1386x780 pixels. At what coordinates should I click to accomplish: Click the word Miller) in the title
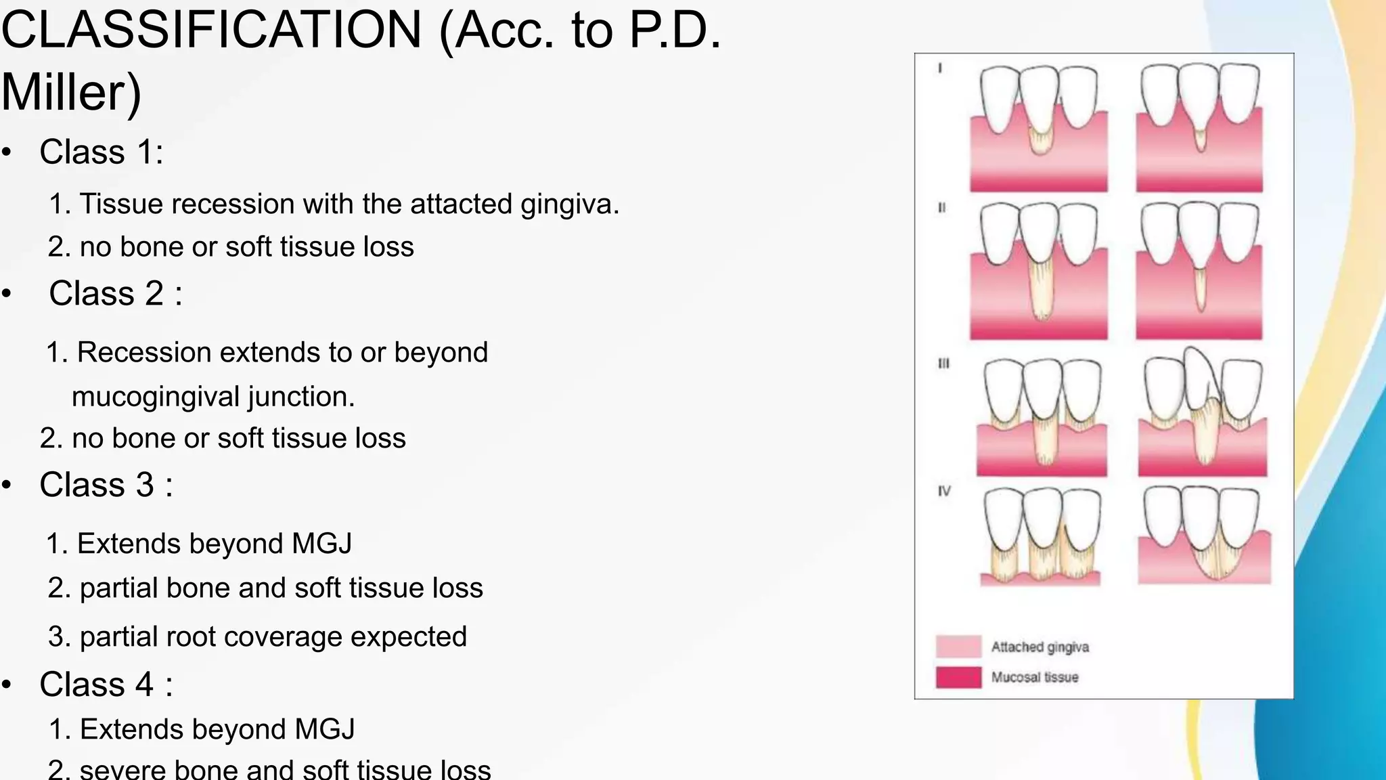[71, 93]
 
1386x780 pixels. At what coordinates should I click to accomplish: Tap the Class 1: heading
[102, 152]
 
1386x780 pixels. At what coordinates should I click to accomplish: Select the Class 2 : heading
[115, 294]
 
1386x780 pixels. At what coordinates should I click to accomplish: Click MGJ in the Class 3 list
[321, 544]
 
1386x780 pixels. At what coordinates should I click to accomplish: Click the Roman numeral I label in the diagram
[940, 68]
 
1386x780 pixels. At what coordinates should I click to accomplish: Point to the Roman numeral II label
[941, 208]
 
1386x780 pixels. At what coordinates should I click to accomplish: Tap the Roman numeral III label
[943, 364]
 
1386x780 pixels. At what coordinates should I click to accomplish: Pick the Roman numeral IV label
[944, 491]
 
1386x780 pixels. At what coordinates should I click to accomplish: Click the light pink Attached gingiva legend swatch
[958, 647]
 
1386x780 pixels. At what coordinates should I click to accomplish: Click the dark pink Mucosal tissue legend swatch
[958, 677]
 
